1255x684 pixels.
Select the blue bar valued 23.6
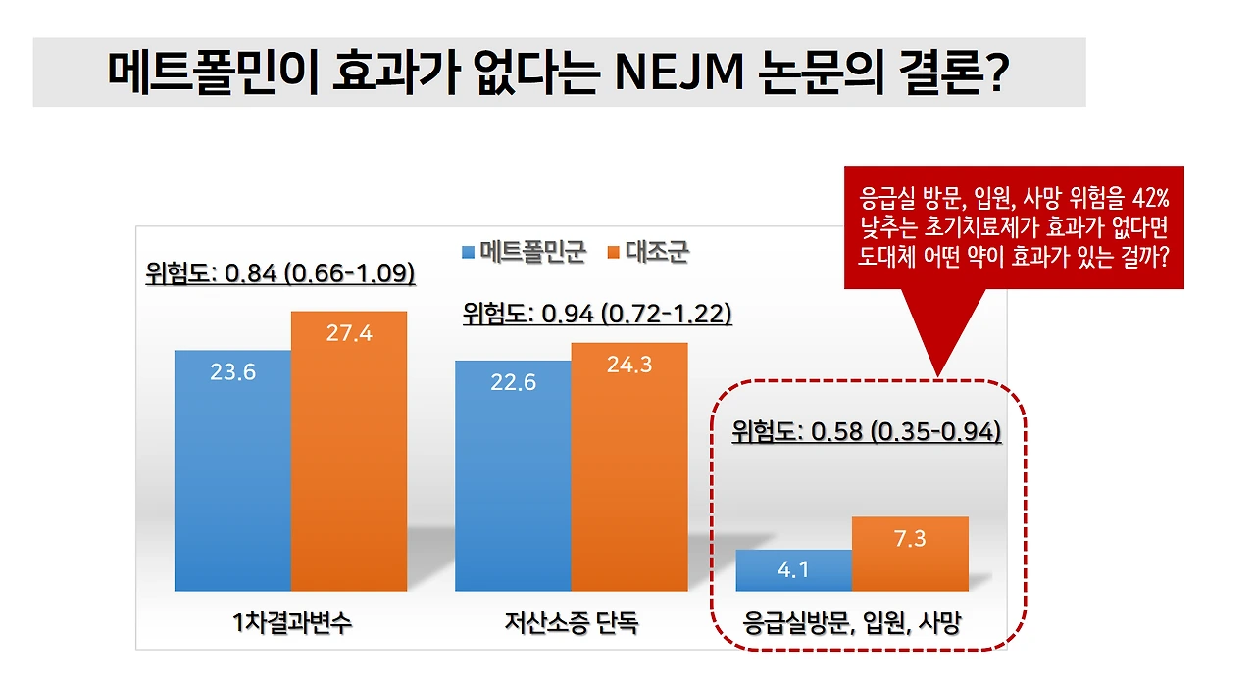point(232,470)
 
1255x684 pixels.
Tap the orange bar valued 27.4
point(349,451)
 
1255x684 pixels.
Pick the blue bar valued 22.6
point(512,475)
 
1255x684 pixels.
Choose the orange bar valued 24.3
point(629,466)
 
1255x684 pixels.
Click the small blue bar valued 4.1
point(793,570)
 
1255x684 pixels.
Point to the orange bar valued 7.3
point(910,554)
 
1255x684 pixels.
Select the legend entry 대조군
point(657,252)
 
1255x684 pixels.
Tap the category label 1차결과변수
point(290,622)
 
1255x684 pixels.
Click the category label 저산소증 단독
point(571,622)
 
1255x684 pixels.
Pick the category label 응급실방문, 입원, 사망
point(852,622)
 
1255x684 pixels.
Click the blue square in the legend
point(469,253)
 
